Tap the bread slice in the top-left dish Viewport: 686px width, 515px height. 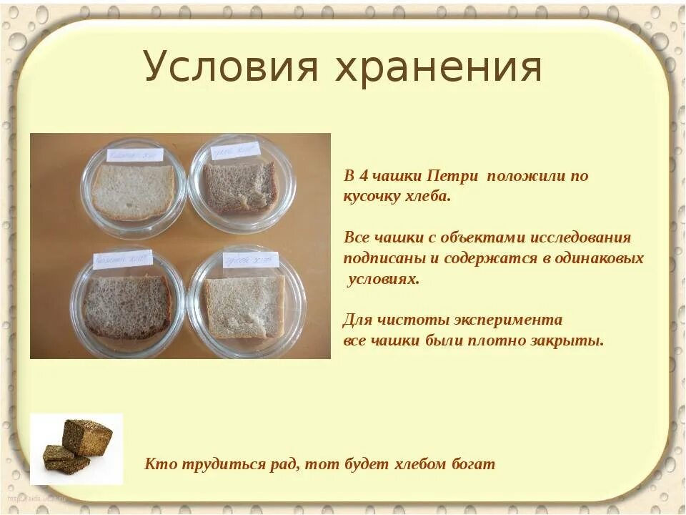(132, 191)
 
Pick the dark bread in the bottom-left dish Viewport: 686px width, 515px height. (126, 306)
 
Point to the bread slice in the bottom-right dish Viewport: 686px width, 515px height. (244, 306)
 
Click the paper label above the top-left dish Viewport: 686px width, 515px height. (135, 154)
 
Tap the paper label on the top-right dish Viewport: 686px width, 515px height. (236, 149)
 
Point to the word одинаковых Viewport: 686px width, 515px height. (602, 258)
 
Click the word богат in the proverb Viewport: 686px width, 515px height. (472, 463)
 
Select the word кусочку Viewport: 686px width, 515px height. (374, 197)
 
